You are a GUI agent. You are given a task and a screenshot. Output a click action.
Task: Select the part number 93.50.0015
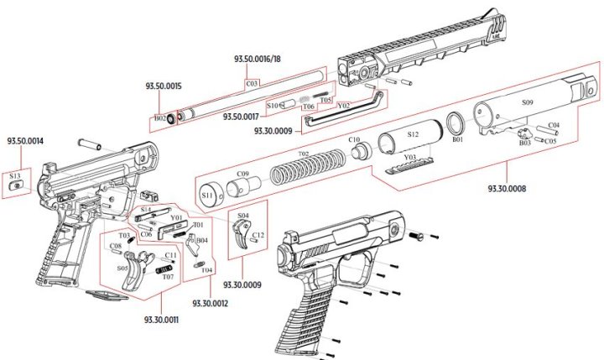click(164, 86)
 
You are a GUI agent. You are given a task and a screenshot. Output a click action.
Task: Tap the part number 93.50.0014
click(26, 141)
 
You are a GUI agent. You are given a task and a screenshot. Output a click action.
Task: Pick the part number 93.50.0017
click(241, 117)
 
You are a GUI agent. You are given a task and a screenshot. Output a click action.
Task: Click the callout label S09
click(527, 102)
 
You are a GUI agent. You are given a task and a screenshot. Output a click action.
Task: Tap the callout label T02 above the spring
click(304, 154)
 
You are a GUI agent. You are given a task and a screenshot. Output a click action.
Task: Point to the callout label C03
click(252, 83)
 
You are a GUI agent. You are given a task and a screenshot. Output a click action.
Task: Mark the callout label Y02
click(343, 106)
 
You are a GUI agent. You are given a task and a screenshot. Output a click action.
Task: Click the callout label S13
click(16, 177)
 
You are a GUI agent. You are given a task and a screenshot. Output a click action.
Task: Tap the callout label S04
click(243, 216)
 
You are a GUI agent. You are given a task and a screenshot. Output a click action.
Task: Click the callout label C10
click(354, 139)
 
